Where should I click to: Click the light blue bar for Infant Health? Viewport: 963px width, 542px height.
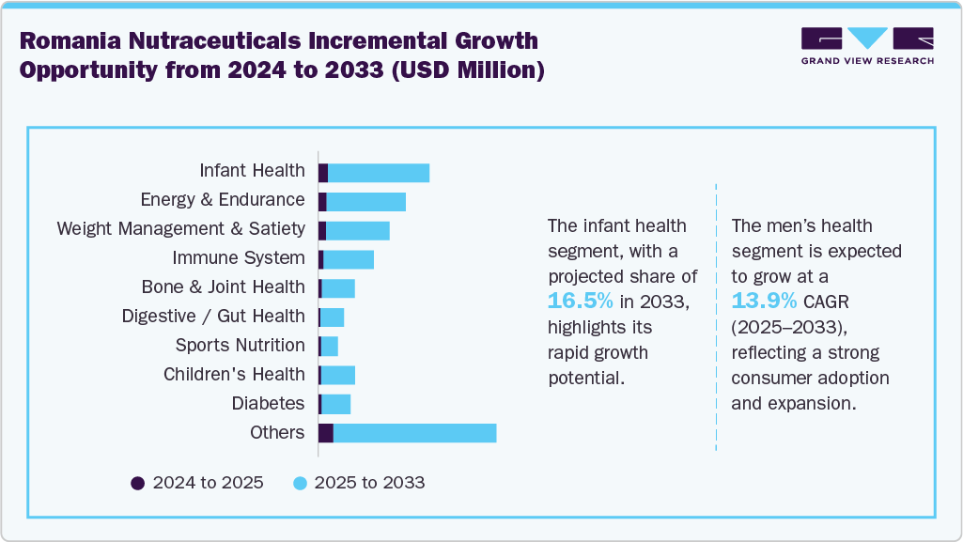point(378,173)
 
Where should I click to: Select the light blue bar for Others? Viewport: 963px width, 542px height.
point(414,432)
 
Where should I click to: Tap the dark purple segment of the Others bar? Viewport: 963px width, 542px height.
point(326,432)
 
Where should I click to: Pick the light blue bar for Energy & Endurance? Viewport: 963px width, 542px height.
point(365,202)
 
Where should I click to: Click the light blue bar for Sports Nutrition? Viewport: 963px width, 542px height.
point(330,346)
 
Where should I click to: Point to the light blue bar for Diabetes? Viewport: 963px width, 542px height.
point(336,404)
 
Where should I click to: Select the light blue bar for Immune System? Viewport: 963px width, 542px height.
point(349,259)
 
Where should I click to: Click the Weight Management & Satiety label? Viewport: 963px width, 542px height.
point(180,228)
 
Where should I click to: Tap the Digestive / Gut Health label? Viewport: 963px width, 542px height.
point(213,316)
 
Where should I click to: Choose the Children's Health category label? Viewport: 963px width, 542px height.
point(234,374)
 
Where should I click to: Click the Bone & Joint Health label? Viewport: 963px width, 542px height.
point(223,286)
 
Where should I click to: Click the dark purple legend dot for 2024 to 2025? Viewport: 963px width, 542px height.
point(138,483)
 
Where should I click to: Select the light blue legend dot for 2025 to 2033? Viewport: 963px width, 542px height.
point(300,483)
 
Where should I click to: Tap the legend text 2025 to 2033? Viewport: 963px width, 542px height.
point(369,483)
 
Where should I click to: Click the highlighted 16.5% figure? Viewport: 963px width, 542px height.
point(581,302)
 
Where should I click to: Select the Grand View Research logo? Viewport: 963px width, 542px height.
point(866,46)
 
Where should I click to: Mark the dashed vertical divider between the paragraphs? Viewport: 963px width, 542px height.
point(716,319)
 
